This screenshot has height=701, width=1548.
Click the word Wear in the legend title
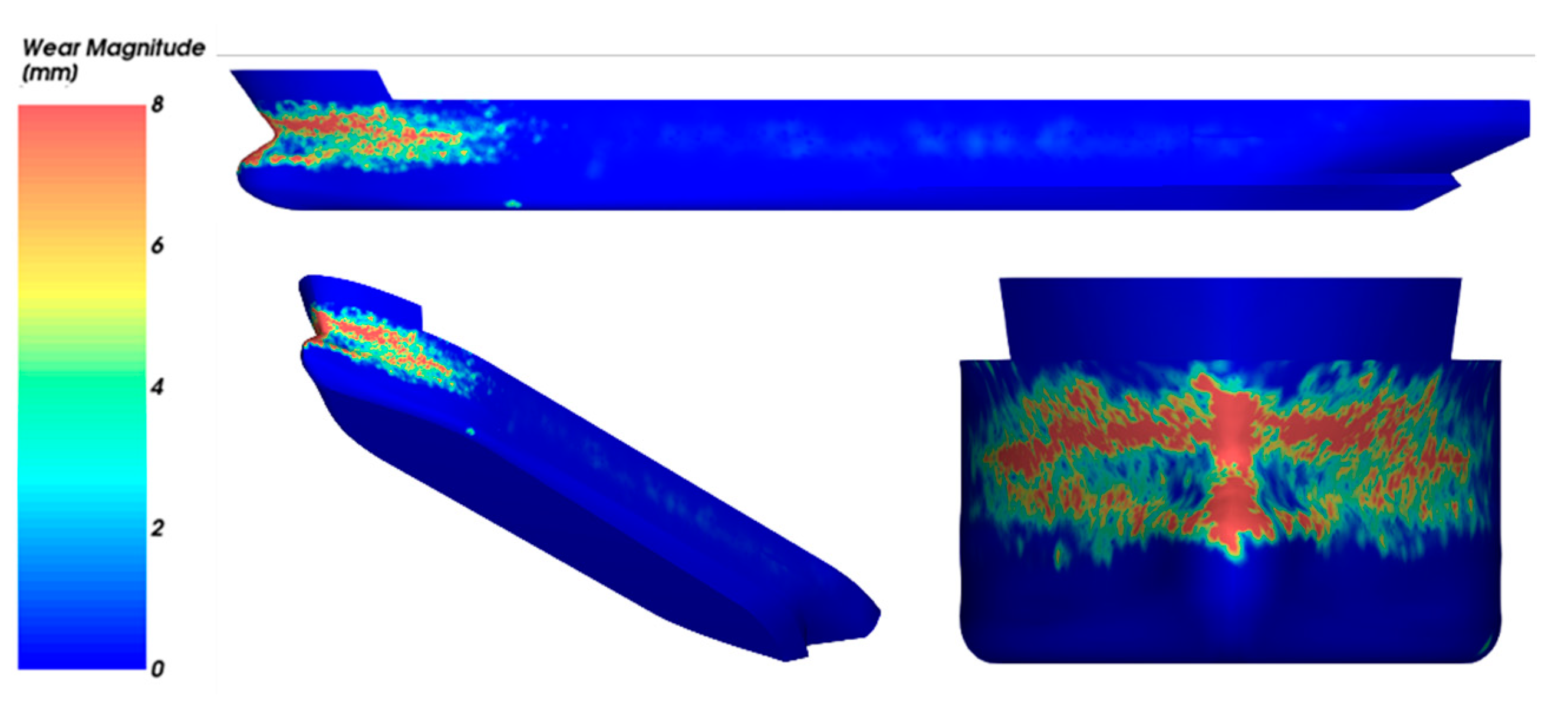(51, 48)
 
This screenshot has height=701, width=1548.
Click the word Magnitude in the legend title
(146, 48)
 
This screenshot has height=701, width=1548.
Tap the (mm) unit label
(50, 72)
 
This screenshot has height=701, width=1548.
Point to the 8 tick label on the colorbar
(157, 104)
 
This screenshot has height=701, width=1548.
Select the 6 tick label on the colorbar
(157, 245)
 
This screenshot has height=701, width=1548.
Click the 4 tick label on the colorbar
(157, 387)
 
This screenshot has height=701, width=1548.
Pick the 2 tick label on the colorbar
(157, 528)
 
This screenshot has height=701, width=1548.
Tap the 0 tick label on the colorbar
(157, 669)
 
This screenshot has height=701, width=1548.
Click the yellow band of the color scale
(82, 295)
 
